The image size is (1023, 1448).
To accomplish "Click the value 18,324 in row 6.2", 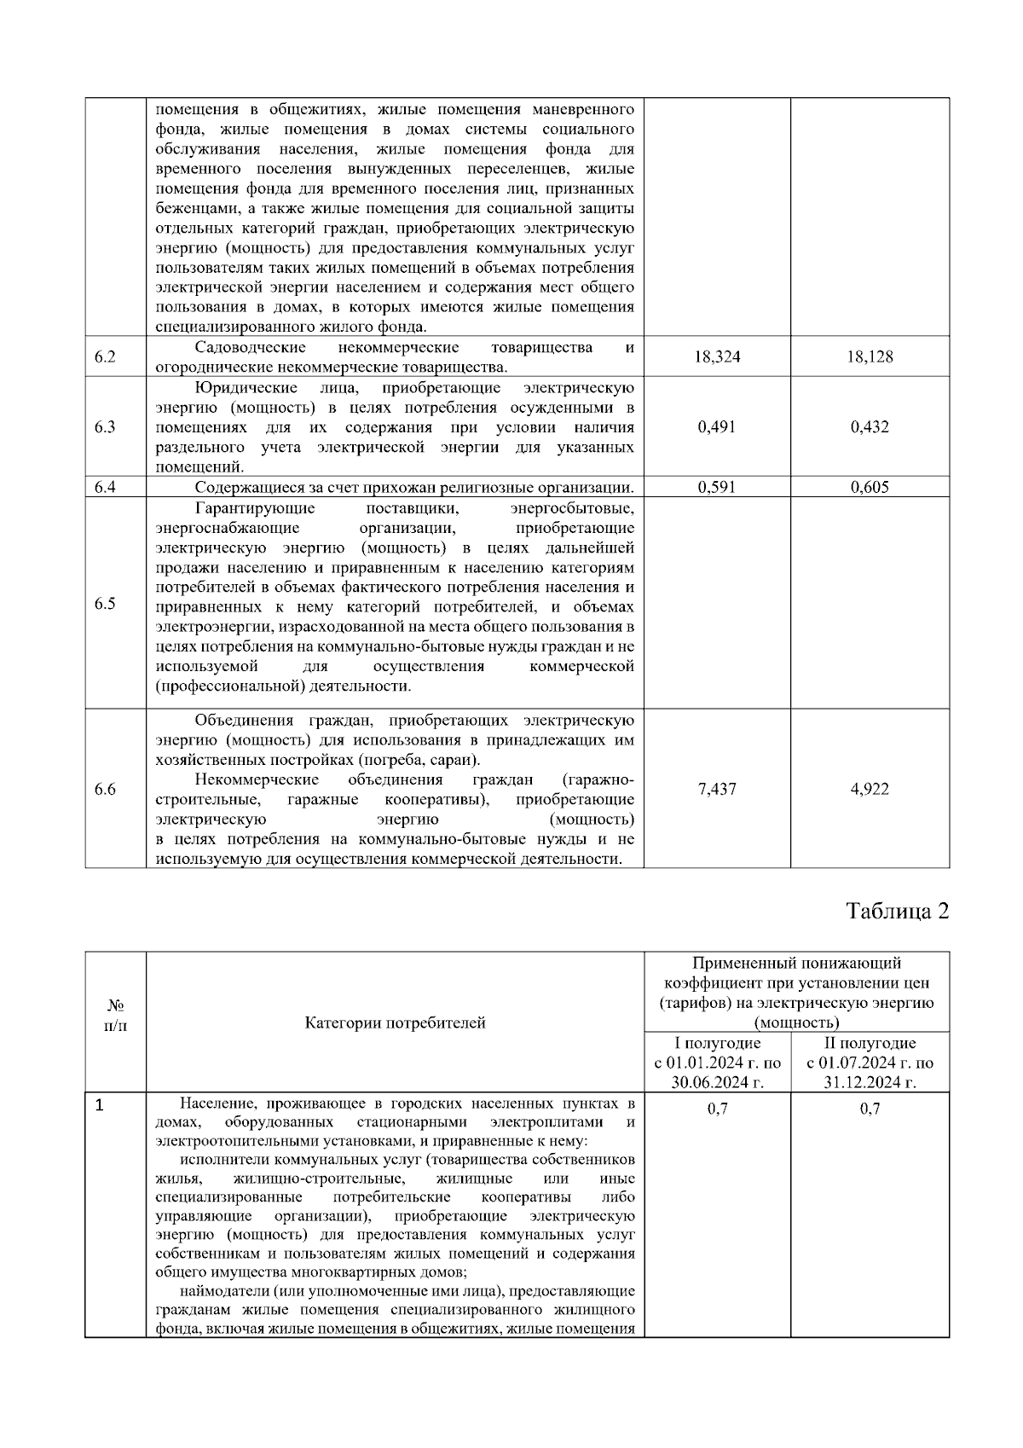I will click(717, 357).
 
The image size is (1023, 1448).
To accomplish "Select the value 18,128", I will click(870, 357).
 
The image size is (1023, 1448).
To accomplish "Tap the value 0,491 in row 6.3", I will click(717, 427).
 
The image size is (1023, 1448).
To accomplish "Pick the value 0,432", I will click(870, 427).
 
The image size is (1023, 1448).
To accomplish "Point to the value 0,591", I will click(717, 488).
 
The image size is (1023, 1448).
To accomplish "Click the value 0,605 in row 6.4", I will click(870, 488).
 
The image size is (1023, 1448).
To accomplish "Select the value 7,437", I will click(717, 790).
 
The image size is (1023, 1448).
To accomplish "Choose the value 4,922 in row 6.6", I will click(870, 790).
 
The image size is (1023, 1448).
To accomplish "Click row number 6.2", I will click(105, 357).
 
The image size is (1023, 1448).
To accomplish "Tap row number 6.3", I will click(105, 427).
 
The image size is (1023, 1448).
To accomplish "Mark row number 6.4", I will click(105, 488).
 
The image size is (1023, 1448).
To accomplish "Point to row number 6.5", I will click(105, 604).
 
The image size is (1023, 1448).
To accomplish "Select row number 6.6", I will click(105, 790).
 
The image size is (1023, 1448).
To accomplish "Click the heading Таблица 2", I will click(898, 912).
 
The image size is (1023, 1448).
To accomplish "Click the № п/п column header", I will click(116, 1015).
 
